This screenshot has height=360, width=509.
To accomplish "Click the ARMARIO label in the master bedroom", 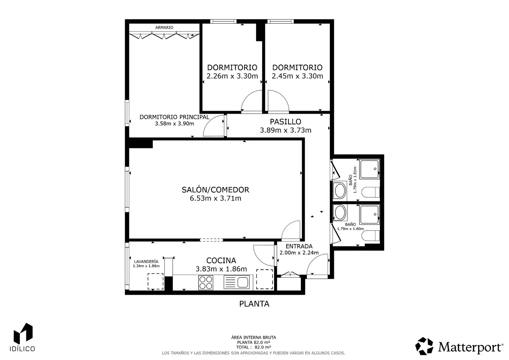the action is [164, 28].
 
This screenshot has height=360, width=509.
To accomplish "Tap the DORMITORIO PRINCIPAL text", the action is [174, 117].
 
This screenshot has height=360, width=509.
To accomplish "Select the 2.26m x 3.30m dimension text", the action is [232, 76].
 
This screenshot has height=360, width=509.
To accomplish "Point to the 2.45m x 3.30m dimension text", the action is [297, 76].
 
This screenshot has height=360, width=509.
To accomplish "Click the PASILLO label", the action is [285, 122].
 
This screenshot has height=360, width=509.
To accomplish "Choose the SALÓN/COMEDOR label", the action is [216, 190].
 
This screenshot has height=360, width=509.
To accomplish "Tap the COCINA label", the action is [221, 260].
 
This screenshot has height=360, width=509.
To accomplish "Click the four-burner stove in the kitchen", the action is [206, 282].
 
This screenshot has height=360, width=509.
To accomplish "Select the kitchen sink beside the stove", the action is [237, 282].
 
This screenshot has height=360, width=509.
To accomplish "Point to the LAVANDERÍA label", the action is [146, 262].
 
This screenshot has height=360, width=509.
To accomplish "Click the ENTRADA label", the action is [299, 246].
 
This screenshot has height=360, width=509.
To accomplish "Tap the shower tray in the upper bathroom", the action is [369, 169].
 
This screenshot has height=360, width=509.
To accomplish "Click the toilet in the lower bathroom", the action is [370, 236].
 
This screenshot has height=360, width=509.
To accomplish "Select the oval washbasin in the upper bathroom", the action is [340, 191].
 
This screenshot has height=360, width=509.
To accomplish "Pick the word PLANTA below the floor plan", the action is [254, 304].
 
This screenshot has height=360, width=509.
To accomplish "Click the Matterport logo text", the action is [470, 347].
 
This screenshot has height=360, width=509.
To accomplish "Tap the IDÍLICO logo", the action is [22, 337].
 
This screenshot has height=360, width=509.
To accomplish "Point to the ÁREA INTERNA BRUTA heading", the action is [254, 337].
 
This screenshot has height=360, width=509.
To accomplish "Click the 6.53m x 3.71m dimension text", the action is [216, 198].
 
